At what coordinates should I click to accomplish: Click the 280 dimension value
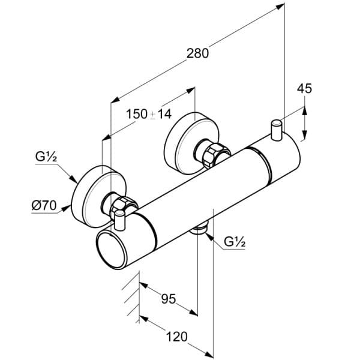pos(197,53)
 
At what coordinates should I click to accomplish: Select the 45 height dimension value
pos(305,88)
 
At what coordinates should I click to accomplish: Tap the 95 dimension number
pos(169,298)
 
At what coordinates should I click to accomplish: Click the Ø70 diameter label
pos(43,205)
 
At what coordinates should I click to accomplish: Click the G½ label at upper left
pos(46,158)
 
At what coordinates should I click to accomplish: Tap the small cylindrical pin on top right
pos(276,130)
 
